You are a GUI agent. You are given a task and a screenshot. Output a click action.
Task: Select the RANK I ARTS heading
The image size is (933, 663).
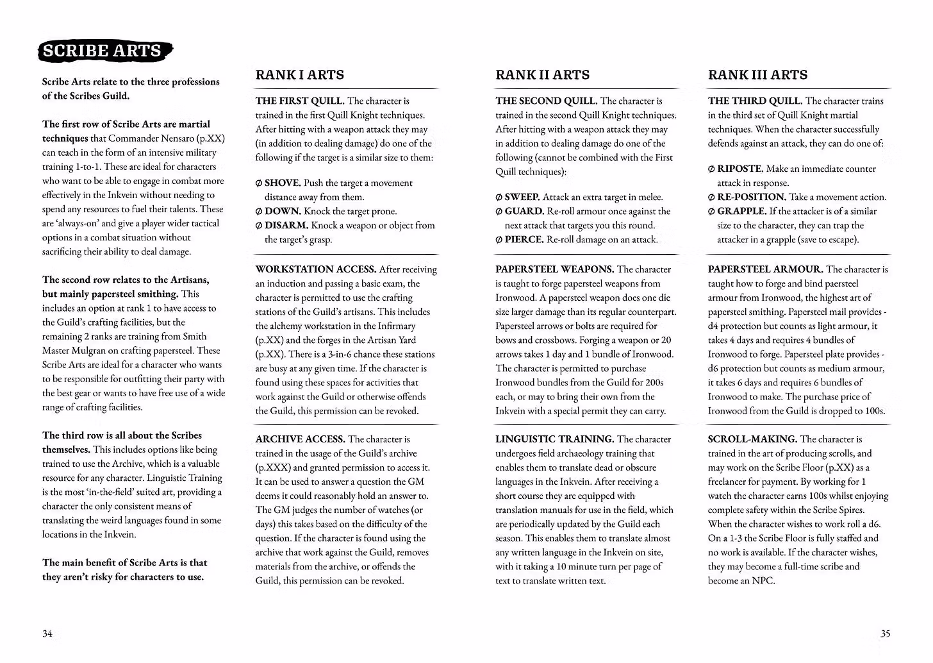pos(299,75)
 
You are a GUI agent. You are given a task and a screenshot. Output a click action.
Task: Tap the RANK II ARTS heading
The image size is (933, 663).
pos(542,75)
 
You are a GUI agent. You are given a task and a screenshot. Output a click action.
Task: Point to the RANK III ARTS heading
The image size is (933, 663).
pos(757,75)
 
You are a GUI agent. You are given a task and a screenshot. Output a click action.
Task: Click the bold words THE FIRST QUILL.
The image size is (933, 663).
pos(300,101)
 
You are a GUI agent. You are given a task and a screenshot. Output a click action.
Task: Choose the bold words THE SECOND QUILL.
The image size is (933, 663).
pos(546,101)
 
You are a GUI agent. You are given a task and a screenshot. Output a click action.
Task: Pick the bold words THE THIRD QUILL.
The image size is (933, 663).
pos(755,101)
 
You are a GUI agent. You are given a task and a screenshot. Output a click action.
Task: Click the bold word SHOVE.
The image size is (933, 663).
pos(283,183)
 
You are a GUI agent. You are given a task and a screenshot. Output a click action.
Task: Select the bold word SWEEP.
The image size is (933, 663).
pos(522,197)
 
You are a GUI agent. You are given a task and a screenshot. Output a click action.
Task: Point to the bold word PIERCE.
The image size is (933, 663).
pos(524,240)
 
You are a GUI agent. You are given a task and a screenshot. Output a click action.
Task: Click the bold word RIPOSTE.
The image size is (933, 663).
pos(740,169)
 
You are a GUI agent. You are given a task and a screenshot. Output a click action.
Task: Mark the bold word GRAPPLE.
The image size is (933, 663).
pos(741,212)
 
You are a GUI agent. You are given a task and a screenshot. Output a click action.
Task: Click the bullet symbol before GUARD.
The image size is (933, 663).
pos(499,212)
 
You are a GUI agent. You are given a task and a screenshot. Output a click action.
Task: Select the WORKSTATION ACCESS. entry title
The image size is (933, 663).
pos(316,269)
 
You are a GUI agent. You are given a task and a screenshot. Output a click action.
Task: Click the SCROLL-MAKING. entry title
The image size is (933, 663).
pos(752,439)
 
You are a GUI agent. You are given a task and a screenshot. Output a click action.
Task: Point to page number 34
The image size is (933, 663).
pos(47,634)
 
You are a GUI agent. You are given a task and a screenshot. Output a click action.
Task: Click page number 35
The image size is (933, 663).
pos(885,634)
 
